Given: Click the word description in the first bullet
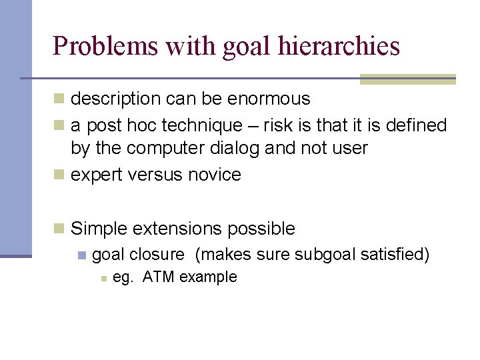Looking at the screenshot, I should pyautogui.click(x=116, y=99).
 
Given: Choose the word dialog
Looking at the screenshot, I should pyautogui.click(x=238, y=148).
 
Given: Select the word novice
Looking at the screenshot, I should pyautogui.click(x=215, y=175).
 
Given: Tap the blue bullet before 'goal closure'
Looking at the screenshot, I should pyautogui.click(x=81, y=255).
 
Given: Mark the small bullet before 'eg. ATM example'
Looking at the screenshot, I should pyautogui.click(x=103, y=278).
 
